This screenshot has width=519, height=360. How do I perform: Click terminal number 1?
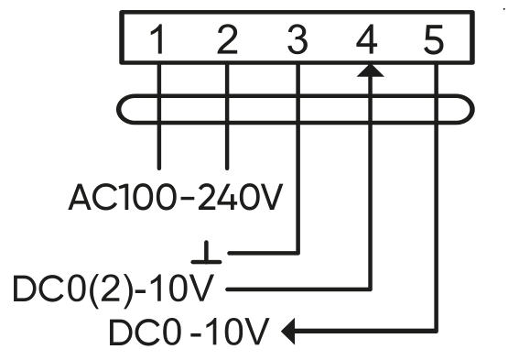tap(158, 39)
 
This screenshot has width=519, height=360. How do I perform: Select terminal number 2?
tap(227, 39)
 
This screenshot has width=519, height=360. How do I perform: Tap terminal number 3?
tap(297, 39)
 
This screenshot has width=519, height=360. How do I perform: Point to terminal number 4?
tap(367, 39)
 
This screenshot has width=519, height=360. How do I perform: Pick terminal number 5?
tap(434, 39)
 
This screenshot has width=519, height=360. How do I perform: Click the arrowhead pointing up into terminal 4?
tap(371, 71)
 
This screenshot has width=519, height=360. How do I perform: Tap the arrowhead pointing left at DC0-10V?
tap(288, 332)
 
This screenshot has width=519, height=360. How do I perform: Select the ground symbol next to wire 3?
tap(206, 252)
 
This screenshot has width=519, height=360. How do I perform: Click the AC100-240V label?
tap(176, 197)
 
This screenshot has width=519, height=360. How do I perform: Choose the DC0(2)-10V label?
tap(113, 289)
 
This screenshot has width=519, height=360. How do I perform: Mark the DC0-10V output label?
tap(189, 332)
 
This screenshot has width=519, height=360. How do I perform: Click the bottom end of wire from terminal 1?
tap(159, 169)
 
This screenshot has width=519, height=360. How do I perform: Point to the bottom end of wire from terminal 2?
tap(227, 169)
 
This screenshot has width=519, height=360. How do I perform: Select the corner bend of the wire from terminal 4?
tap(370, 289)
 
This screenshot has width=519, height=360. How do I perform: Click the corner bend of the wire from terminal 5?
tap(437, 331)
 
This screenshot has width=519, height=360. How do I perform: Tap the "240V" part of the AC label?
tap(240, 197)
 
